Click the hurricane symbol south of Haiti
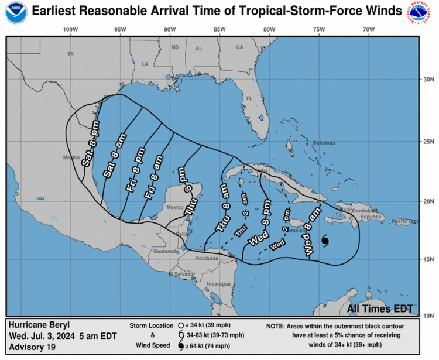325,241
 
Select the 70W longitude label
368,29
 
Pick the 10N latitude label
428,316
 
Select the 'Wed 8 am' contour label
313,231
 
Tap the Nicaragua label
218,284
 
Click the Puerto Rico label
406,221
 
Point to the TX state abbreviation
71,54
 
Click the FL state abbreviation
249,98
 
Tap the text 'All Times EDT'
379,308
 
